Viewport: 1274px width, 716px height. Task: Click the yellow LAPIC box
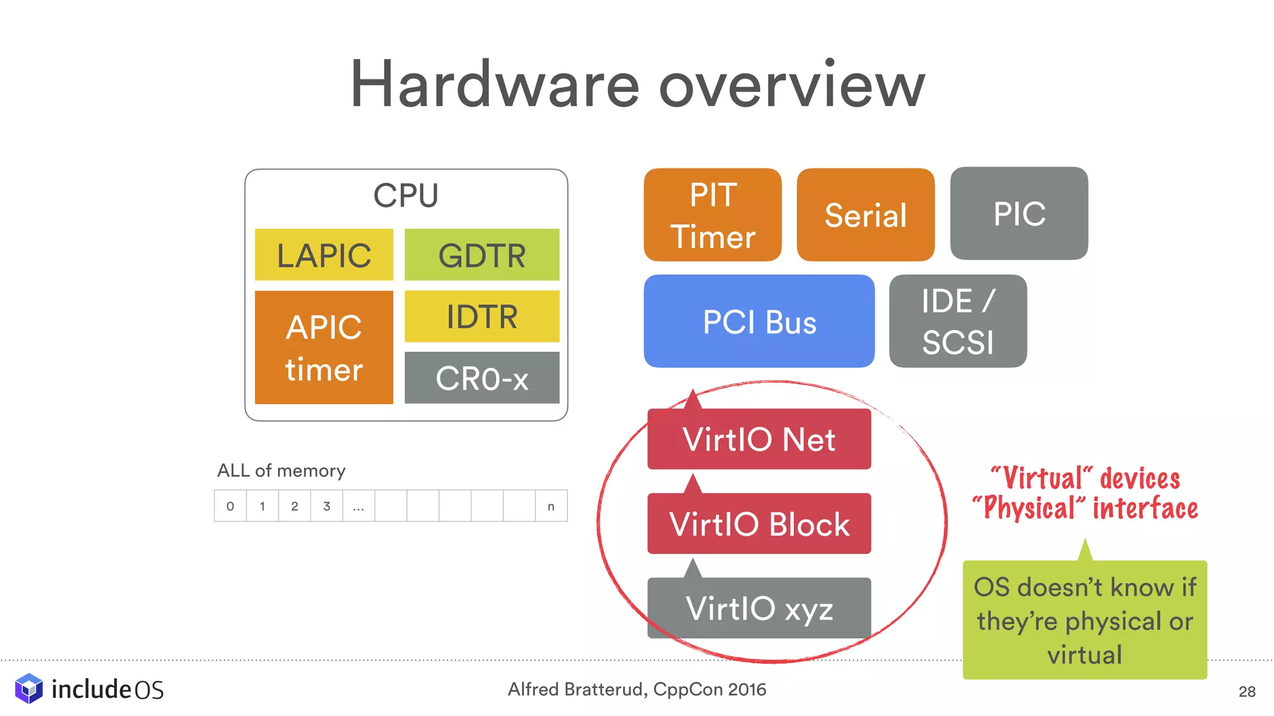pos(323,255)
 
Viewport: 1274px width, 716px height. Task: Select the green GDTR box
pos(481,255)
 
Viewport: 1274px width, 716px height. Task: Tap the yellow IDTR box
pos(481,316)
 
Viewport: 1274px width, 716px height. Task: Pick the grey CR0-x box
pos(481,378)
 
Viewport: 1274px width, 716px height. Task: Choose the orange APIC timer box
pos(323,347)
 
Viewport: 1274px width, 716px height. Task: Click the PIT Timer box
pos(712,215)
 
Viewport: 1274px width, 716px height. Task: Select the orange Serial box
pos(865,215)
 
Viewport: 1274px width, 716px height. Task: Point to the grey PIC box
pos(1019,214)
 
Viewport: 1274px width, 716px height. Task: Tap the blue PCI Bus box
pos(759,321)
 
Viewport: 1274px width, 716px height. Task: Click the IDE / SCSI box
pos(957,321)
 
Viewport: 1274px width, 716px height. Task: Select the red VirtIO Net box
pos(759,439)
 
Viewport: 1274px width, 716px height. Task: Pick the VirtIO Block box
pos(759,524)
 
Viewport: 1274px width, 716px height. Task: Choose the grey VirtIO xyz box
pos(759,608)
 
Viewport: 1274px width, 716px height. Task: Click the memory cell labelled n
pos(551,506)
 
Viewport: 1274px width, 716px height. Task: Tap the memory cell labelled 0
pos(230,506)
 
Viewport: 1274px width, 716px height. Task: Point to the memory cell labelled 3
pos(327,506)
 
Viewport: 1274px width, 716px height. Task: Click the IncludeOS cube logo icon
pos(29,689)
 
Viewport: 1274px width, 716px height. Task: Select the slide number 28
pos(1247,692)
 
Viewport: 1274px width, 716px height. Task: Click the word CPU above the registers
pos(406,196)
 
